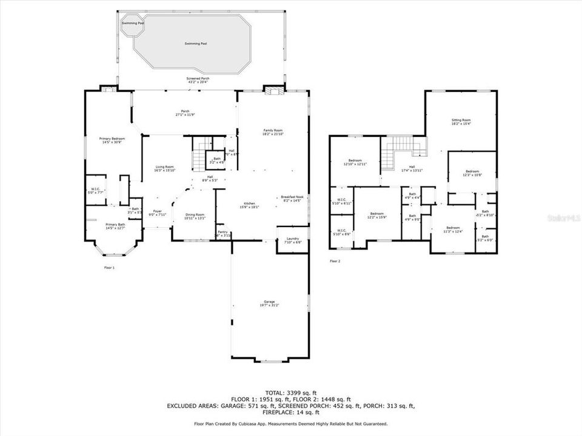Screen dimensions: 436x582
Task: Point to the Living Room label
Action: click(164, 168)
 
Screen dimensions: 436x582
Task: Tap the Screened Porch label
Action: click(200, 80)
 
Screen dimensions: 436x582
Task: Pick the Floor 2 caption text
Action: click(335, 261)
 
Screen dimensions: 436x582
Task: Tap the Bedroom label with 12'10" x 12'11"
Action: click(355, 162)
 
